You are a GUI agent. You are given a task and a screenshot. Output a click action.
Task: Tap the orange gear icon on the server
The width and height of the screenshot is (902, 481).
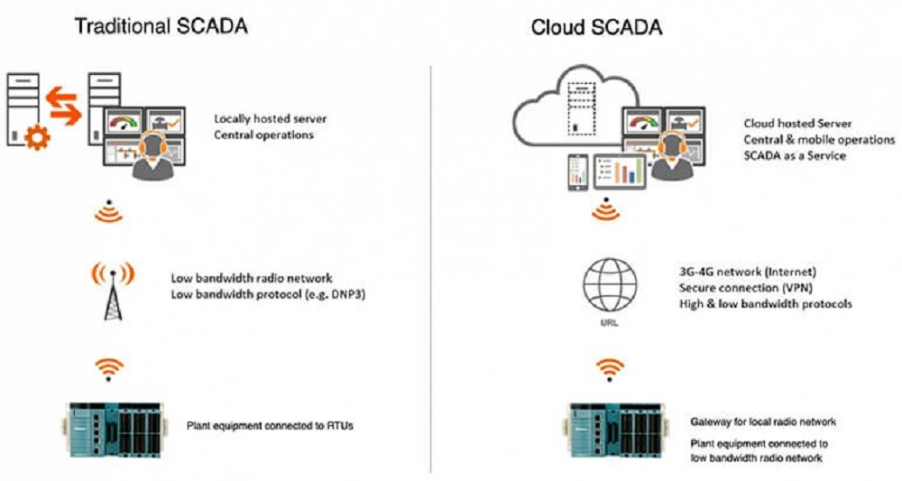(35, 138)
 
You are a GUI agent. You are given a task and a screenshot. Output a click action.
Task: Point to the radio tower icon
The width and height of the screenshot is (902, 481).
(113, 291)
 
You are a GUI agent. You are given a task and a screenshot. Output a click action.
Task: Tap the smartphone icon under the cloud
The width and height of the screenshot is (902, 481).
(577, 171)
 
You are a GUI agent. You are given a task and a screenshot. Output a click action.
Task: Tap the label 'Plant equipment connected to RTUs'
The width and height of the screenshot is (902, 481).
(270, 425)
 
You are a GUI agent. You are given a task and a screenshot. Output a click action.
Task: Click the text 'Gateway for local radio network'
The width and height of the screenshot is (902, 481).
(764, 422)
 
